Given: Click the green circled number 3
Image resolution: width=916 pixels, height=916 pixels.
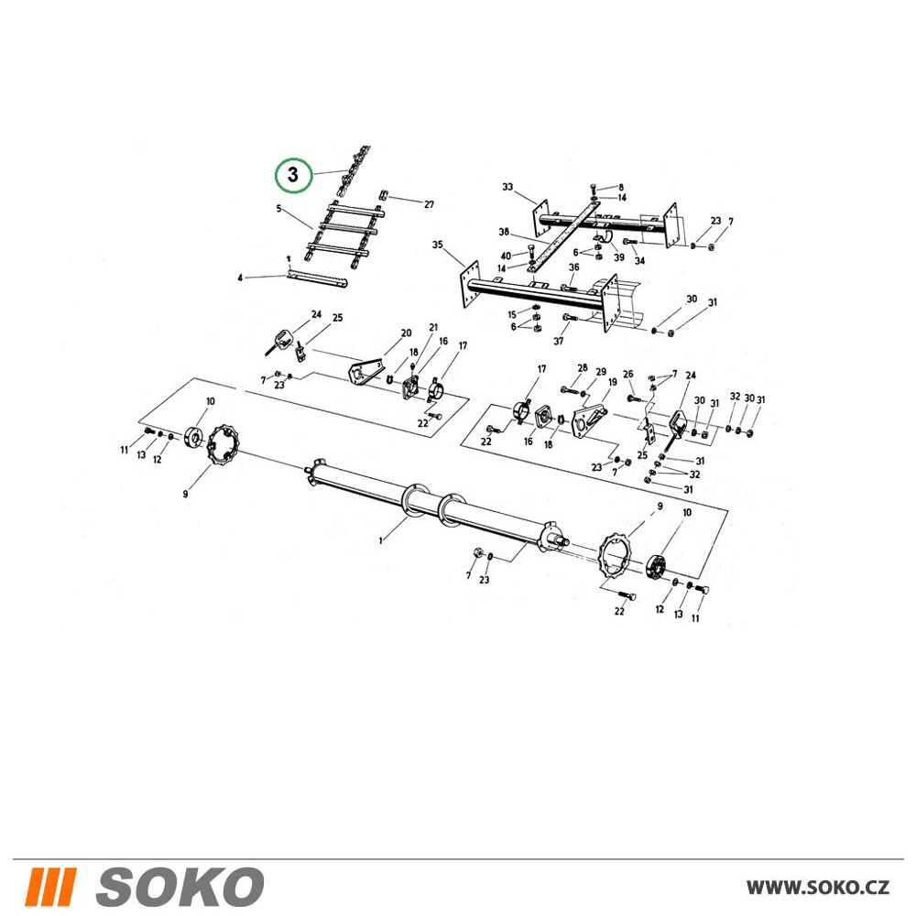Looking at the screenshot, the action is [x=293, y=174].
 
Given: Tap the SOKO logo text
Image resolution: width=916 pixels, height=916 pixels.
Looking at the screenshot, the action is [x=180, y=886].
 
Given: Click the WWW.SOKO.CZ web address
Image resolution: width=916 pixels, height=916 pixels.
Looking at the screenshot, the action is [x=818, y=887].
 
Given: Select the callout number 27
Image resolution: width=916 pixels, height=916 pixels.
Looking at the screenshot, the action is [x=430, y=204].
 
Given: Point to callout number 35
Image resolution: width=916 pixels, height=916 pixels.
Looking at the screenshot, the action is [x=438, y=245].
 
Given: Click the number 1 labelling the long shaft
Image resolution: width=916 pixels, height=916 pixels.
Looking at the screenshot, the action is [x=381, y=541].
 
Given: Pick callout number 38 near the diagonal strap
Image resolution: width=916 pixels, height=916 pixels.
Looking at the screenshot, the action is [x=504, y=232].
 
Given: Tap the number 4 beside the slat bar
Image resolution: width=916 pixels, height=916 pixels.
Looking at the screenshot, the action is [x=240, y=278].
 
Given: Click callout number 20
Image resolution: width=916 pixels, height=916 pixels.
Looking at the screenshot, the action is [x=406, y=333].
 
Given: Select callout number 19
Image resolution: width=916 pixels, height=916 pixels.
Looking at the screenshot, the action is [x=612, y=382].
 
